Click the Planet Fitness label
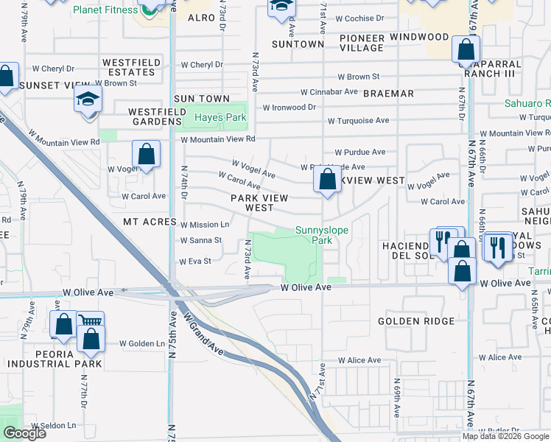point(105,10)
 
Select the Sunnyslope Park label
point(322,235)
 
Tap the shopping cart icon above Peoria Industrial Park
point(90,321)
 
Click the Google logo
point(24,433)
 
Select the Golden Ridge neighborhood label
point(417,321)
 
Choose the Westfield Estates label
point(131,68)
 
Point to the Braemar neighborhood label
point(388,94)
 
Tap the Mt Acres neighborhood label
point(150,222)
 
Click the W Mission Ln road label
point(205,225)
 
